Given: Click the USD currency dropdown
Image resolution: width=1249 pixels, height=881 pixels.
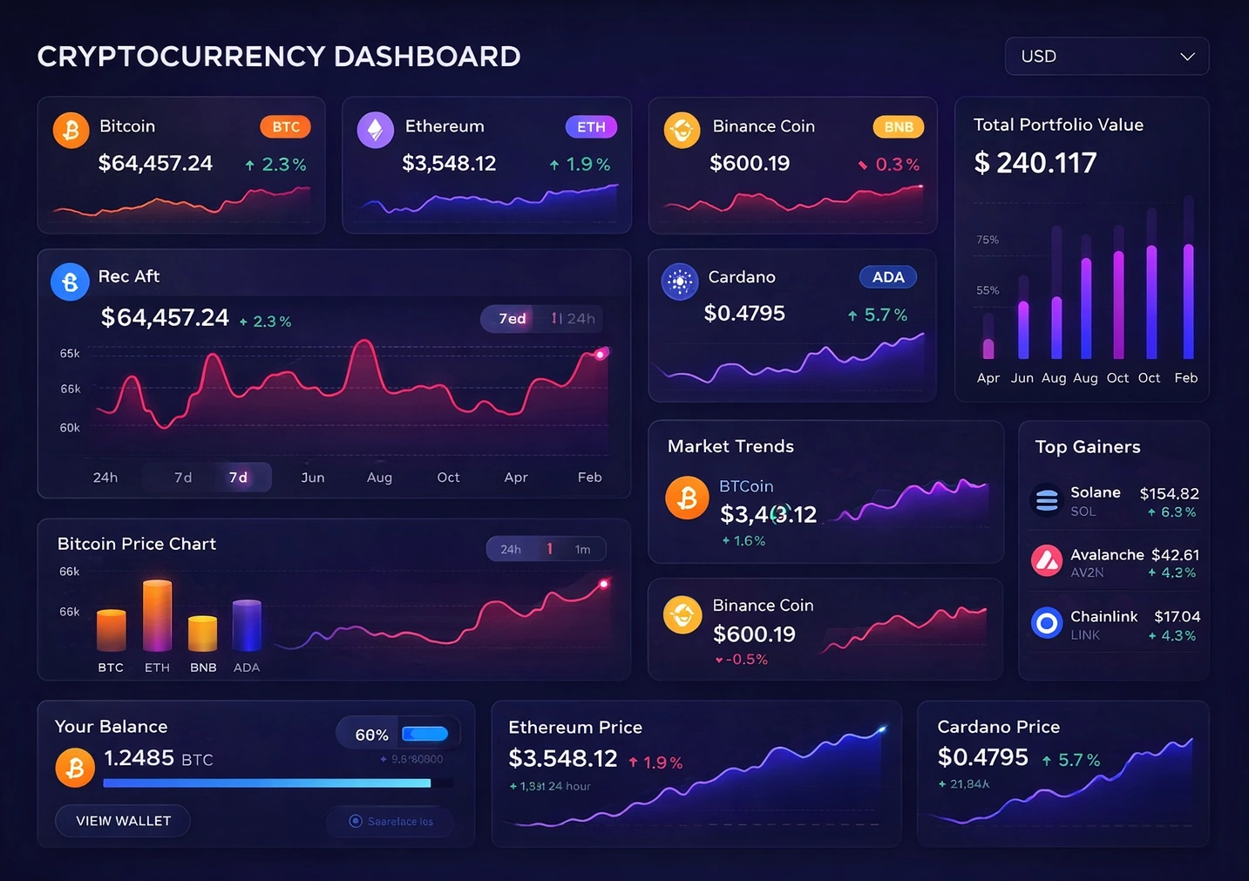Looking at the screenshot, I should [x=1106, y=57].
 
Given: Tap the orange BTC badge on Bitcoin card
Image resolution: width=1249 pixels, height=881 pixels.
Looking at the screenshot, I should [x=285, y=127].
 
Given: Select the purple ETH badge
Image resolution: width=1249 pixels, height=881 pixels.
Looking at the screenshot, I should [x=591, y=127].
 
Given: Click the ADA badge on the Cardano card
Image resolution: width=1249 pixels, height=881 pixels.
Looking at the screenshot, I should [x=887, y=277].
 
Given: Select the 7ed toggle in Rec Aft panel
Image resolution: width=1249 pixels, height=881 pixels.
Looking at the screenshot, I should [x=512, y=319].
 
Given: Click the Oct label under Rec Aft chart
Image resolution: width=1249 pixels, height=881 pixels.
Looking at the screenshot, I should [x=448, y=478].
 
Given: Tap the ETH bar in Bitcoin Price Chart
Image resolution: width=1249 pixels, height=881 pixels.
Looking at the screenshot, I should [x=157, y=615].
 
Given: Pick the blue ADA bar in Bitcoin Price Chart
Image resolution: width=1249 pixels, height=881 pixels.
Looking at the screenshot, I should [x=247, y=626].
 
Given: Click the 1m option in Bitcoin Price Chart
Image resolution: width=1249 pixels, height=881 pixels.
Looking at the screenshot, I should [x=582, y=549].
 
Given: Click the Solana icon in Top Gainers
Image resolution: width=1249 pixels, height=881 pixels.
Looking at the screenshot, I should [x=1046, y=500].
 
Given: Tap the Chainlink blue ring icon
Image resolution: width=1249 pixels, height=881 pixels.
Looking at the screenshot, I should [x=1046, y=623].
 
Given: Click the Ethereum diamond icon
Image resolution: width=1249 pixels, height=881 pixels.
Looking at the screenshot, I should [x=375, y=130].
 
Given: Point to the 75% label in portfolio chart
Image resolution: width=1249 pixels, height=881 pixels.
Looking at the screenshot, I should [x=988, y=240].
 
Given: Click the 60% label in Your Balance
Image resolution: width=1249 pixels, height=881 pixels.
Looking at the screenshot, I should [x=371, y=735].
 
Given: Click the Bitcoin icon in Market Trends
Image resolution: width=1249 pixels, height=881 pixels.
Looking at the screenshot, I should [x=687, y=498].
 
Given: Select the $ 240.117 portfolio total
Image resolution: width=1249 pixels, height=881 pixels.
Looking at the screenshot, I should [x=1035, y=163].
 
